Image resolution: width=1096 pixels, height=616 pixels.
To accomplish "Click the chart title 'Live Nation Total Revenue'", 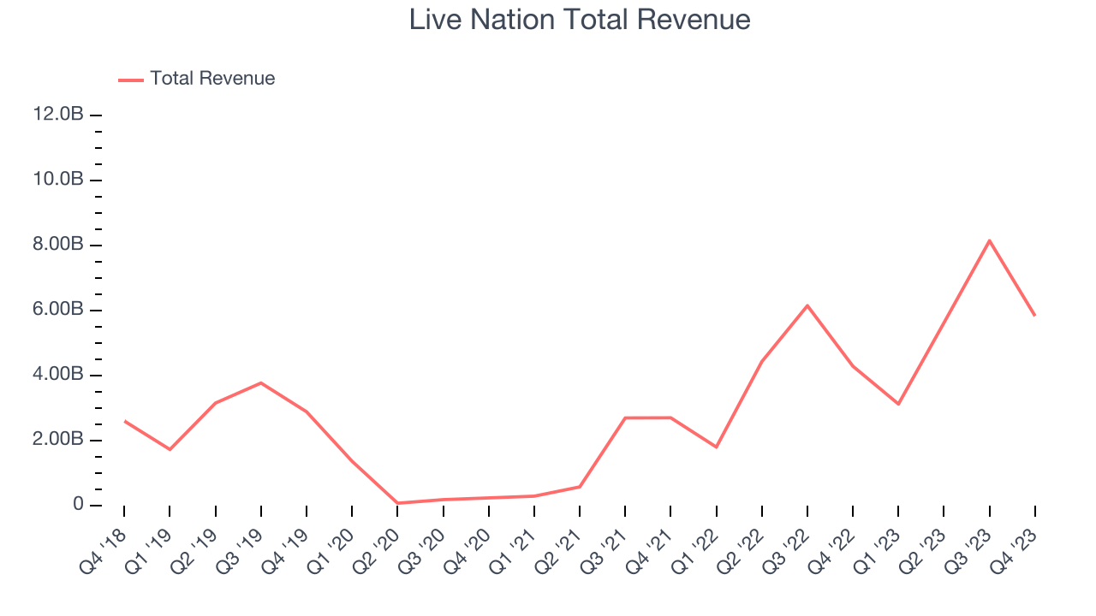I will pos(580,20).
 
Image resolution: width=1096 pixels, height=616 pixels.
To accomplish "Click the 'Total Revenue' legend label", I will pos(212,79).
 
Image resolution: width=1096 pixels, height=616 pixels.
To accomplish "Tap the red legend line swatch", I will pos(131,80).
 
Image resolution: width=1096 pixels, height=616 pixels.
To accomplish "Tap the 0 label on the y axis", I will pos(78,505).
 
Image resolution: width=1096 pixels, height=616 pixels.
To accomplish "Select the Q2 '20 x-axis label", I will pos(376,544).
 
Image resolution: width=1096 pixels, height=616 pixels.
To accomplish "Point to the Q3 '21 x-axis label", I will pos(604,544).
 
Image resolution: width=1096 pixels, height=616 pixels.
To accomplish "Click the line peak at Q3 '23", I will pos(989,240).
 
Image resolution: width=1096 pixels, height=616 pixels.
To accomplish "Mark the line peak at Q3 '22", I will pos(807,305).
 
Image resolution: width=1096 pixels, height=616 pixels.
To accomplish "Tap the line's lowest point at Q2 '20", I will pos(397,503).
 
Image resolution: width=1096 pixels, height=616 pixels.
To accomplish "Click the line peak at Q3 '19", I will pos(261,382).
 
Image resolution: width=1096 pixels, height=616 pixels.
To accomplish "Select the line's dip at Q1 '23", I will pos(898,404).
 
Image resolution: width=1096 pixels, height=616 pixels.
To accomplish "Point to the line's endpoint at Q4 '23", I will pos(1034,316).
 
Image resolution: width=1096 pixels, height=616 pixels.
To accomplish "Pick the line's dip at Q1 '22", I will pos(716,447).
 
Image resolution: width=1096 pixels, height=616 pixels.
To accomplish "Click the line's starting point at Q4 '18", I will pos(125,421).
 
